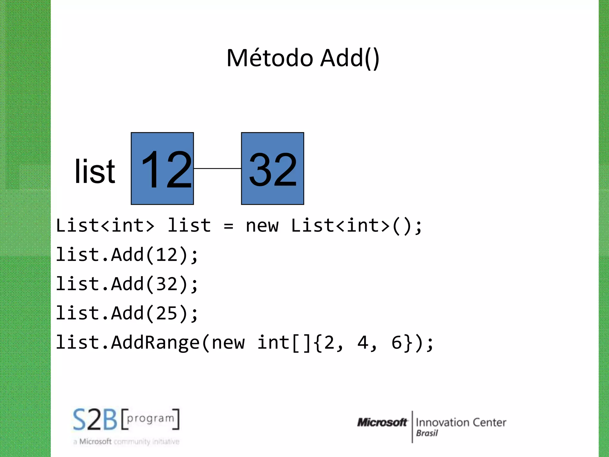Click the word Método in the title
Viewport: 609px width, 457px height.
(269, 58)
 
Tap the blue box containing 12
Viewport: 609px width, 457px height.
(162, 168)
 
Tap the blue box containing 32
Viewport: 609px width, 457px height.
(272, 168)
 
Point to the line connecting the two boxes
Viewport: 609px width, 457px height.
(217, 168)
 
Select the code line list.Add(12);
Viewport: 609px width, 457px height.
(127, 255)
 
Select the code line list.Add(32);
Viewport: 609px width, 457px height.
(127, 284)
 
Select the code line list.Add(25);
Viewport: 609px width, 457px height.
(127, 313)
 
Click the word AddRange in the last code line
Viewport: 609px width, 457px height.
(155, 343)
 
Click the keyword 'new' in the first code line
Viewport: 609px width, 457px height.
(262, 226)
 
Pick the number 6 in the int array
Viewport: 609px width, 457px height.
(397, 343)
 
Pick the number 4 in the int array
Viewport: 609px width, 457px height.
(363, 343)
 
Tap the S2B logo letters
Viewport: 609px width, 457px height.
(95, 420)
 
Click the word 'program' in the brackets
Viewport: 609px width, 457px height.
(150, 418)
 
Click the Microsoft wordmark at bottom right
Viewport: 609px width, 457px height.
(382, 422)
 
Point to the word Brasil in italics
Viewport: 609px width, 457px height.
(427, 433)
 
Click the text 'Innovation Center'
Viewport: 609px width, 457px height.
(461, 422)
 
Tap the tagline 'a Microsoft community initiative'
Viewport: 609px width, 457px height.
(126, 442)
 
